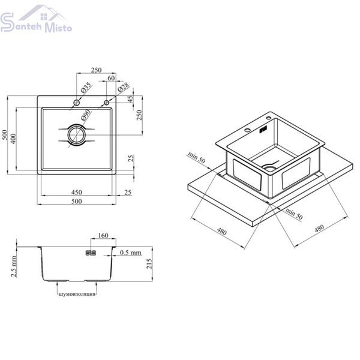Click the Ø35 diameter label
coord(86,87)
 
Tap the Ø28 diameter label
coord(124,87)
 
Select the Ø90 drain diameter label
coord(86,115)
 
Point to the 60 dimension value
coord(111,78)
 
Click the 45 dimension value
coord(130,99)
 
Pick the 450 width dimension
coord(77,192)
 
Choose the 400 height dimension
coord(13,139)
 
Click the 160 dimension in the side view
coord(103,235)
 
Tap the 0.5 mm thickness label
coord(130,253)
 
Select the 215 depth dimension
coord(149,263)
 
